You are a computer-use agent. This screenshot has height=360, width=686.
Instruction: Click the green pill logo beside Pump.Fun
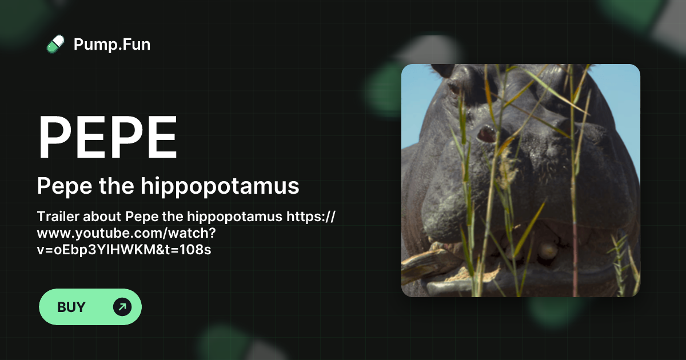(x=55, y=44)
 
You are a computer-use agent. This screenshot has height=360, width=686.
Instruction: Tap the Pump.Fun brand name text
(x=112, y=44)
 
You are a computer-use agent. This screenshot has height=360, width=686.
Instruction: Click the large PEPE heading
(x=107, y=138)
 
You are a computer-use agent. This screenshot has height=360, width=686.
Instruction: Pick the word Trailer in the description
(x=58, y=217)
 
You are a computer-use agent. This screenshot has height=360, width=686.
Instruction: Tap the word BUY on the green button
(x=71, y=307)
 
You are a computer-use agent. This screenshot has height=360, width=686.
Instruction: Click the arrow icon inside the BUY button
(x=122, y=307)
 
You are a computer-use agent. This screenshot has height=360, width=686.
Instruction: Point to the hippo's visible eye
(x=454, y=88)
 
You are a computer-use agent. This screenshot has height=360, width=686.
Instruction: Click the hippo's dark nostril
(x=487, y=134)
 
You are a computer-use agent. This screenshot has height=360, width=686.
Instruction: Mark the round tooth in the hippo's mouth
(x=547, y=250)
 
